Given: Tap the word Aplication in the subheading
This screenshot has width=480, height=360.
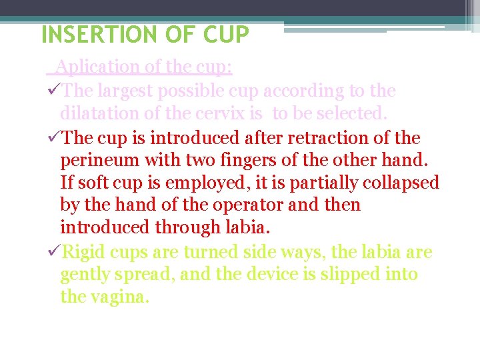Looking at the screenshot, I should (x=89, y=67).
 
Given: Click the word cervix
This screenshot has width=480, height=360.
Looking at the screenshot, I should (x=229, y=113).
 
